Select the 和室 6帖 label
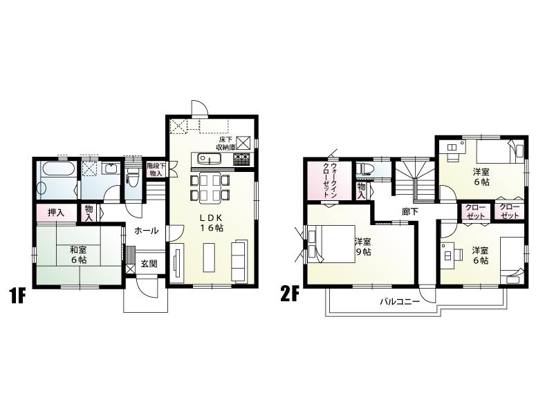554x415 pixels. coord(77,255)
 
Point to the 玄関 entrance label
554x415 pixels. coord(149,263)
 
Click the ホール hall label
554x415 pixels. coord(145,231)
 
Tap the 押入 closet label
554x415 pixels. coord(56,212)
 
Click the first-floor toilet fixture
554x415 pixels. coord(134,179)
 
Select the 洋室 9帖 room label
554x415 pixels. coord(363,247)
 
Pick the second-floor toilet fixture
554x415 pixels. coord(364,169)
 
